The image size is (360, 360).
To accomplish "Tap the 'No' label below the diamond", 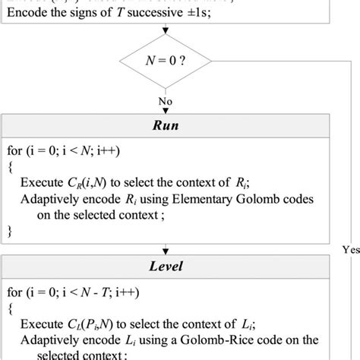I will [165, 99].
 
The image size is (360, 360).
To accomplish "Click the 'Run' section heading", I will [165, 125].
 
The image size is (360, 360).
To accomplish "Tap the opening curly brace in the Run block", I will [10, 166].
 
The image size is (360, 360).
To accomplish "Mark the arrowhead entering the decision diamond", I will [165, 34].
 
